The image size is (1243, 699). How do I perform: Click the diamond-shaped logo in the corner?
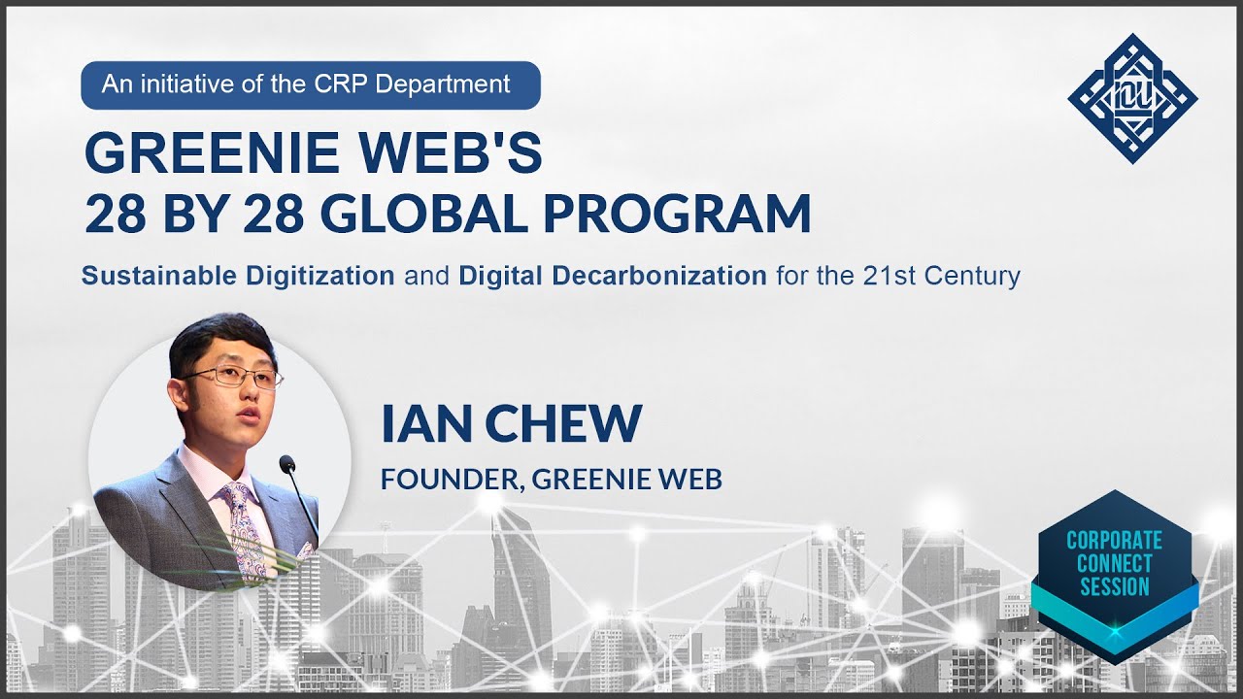(1132, 98)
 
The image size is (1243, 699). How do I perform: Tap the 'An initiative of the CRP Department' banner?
(310, 84)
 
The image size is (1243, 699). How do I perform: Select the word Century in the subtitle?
(973, 276)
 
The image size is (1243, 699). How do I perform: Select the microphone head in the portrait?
(287, 464)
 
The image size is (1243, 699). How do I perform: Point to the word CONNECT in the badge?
(1115, 563)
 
